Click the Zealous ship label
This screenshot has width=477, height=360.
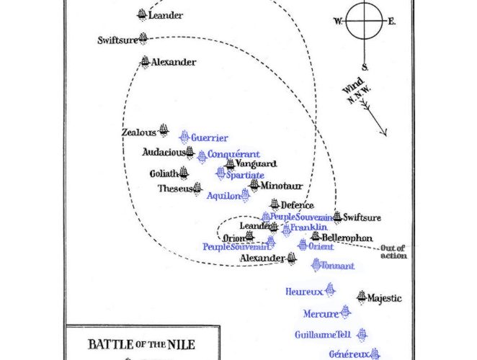(x=138, y=132)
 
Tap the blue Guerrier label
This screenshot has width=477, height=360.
(x=209, y=138)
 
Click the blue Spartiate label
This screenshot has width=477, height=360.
(x=245, y=175)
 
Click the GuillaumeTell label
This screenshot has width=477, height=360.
(x=322, y=335)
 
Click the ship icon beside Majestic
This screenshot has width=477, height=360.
(x=361, y=297)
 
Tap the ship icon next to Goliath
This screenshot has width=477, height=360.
(x=184, y=172)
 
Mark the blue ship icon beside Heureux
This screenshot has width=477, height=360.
(x=331, y=289)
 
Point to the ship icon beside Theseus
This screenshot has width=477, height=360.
(x=197, y=188)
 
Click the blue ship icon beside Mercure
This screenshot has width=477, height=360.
(x=345, y=311)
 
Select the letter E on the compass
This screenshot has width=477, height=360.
(x=391, y=22)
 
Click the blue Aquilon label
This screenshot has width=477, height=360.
(x=223, y=196)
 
